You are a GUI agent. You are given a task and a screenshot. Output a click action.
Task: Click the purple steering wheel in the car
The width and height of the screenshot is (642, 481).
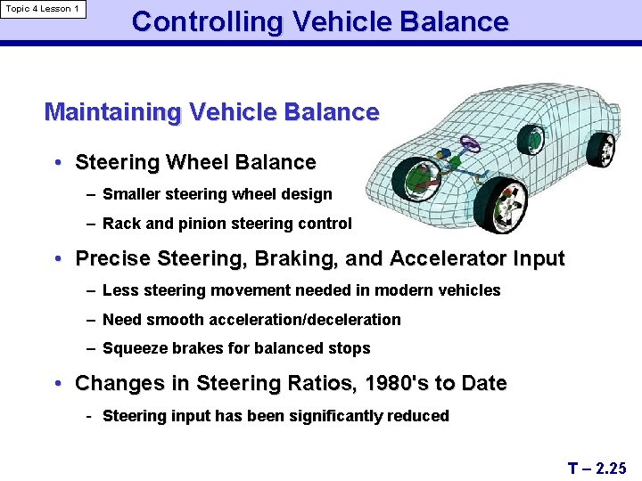pos(470,143)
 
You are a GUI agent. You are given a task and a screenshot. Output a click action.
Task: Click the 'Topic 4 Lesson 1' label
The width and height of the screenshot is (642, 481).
pos(42,9)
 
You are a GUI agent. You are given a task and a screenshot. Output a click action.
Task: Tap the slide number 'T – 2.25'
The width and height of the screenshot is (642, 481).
pos(597,468)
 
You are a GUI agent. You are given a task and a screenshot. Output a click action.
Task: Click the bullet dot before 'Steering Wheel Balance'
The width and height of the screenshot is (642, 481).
pos(57,163)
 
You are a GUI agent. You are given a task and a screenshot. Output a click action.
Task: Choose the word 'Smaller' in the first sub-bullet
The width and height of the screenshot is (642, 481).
pos(129,194)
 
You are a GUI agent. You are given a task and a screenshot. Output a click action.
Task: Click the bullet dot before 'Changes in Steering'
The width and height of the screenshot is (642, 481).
pos(57,384)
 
